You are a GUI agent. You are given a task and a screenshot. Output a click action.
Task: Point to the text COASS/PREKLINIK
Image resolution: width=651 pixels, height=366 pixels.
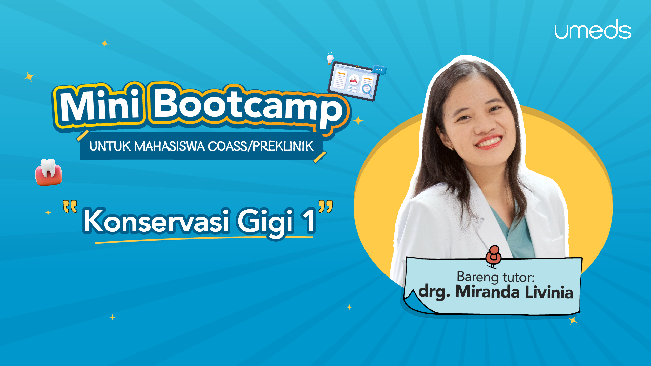pos(260,146)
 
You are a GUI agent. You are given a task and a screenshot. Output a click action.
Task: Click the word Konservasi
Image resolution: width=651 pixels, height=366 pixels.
pos(157,221)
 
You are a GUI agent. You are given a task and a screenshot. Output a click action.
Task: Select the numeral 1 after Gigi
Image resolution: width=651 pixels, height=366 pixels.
pos(309,221)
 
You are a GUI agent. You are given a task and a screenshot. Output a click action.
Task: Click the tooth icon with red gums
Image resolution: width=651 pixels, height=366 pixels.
pos(48,172)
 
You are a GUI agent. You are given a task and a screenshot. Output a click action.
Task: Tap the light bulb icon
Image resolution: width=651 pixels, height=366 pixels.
pos(330,59)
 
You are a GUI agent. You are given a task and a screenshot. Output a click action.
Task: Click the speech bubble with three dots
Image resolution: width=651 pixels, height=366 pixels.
pos(379,69)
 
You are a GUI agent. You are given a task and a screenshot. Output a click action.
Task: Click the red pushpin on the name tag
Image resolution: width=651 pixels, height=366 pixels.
pos(493,256)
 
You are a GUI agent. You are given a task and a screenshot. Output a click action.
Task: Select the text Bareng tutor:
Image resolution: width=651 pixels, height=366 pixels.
pos(495,277)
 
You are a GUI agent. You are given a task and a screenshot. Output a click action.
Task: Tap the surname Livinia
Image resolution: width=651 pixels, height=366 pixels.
pos(549,292)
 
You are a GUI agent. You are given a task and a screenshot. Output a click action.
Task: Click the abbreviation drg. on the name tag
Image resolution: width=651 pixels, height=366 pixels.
pos(434,292)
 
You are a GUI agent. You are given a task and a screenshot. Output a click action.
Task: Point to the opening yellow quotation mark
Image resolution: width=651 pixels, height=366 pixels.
pos(70,206)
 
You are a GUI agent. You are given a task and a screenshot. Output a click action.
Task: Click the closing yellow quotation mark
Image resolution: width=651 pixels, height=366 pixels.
pos(325,206)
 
